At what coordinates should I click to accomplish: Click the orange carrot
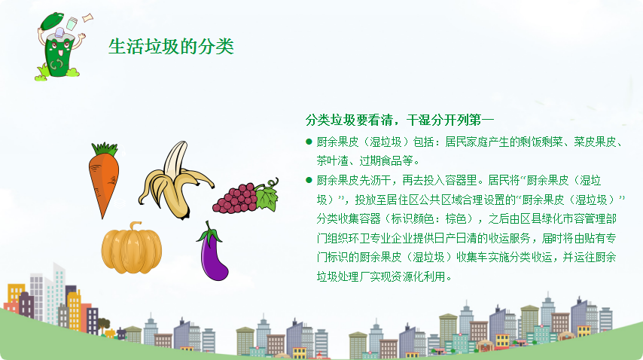point(104,181)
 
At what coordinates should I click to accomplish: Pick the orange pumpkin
point(131,248)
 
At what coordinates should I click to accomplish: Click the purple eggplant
point(212,255)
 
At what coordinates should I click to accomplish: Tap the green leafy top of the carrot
point(105,148)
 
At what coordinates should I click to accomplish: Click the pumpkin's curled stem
point(135,227)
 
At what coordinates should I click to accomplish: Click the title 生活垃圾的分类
point(171,47)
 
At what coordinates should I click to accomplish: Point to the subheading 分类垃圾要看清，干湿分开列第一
point(399,121)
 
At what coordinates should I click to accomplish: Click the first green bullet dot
point(309,142)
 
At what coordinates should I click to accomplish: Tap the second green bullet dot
point(309,180)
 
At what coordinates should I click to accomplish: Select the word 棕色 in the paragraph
point(456,218)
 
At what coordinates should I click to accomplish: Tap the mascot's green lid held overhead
point(52,20)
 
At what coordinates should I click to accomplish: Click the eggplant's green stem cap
point(209,233)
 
